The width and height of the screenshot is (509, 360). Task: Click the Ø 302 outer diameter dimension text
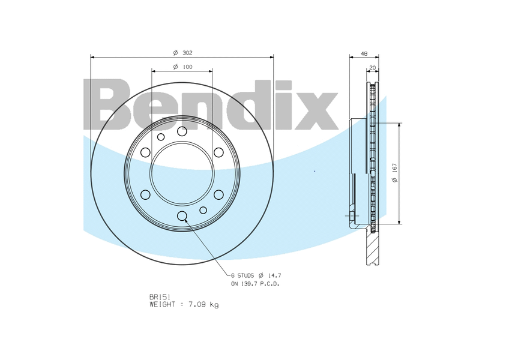182,53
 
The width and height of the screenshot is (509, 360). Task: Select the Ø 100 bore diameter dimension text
182,67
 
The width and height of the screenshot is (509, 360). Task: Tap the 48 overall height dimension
364,53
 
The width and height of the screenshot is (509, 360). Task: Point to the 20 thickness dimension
373,67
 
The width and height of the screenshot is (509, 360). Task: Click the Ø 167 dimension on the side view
394,174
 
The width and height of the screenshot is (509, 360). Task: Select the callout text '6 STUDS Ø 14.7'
256,275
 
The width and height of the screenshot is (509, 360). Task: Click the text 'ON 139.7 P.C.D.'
255,283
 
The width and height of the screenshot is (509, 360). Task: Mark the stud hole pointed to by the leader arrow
182,217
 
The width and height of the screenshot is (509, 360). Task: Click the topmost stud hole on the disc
182,131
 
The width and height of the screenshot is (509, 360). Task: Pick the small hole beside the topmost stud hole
161,137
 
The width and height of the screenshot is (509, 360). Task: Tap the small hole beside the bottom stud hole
203,210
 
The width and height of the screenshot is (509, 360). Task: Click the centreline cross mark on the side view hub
350,215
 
